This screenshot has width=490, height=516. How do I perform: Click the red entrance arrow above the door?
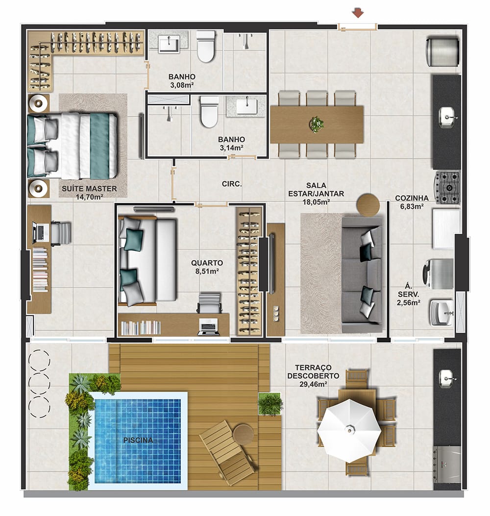point(358,14)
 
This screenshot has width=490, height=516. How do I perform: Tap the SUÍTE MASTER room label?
point(89,189)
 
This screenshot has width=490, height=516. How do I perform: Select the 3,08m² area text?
point(182,85)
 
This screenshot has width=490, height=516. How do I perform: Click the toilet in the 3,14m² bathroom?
point(209,112)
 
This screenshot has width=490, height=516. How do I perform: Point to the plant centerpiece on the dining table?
point(317,124)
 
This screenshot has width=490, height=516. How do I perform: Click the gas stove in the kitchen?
point(447,188)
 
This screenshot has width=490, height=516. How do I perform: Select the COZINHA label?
point(412,198)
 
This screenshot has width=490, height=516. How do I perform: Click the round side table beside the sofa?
point(368,205)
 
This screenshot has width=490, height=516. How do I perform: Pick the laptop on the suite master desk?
point(39,231)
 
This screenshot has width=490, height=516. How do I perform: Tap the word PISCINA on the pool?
point(138,440)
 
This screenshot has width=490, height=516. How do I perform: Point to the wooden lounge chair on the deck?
point(228,452)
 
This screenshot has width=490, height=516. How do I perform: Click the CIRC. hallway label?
point(232,184)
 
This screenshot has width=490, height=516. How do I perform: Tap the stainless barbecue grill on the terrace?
point(447,464)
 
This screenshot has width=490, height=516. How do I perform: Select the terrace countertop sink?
point(447,379)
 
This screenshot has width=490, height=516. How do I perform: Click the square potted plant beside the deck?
point(270,404)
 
